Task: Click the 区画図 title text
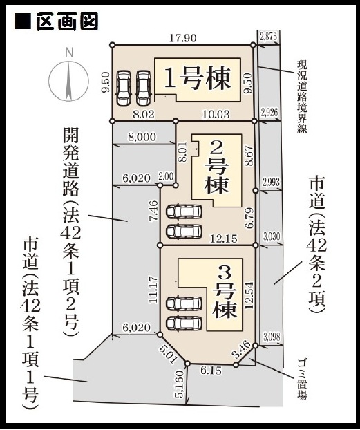[67, 21]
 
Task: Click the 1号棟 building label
[197, 78]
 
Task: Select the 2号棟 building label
[216, 168]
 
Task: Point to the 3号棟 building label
[225, 292]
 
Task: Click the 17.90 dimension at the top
[182, 38]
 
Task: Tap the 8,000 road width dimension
[142, 137]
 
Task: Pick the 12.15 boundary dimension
[223, 239]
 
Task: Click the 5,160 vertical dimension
[179, 384]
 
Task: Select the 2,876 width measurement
[269, 37]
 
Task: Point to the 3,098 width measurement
[272, 337]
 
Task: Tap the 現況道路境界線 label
[303, 97]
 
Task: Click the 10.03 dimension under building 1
[216, 114]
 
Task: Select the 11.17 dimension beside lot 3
[153, 290]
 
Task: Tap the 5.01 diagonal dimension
[167, 354]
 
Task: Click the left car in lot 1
[124, 88]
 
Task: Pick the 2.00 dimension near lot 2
[166, 176]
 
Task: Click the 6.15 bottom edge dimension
[211, 371]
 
